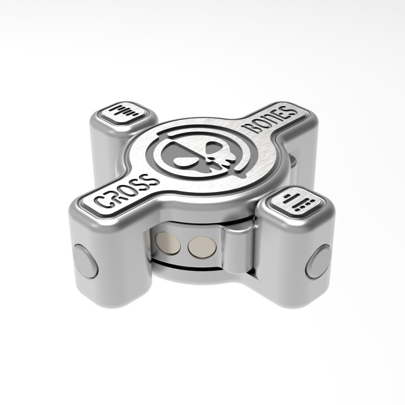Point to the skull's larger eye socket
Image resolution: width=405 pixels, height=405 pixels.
point(178,156)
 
